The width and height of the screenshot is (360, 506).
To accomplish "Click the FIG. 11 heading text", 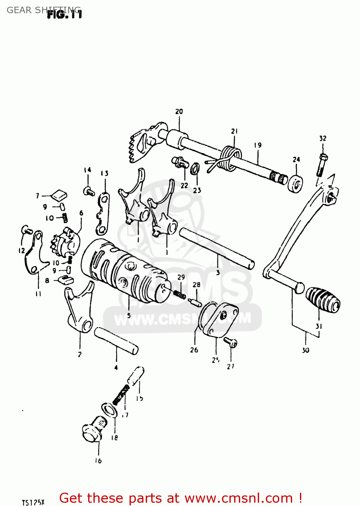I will tap(64, 15).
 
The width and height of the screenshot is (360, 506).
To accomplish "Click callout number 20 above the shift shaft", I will tap(179, 111).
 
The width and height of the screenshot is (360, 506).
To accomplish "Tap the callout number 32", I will tap(323, 138).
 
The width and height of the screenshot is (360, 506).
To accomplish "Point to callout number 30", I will tap(305, 350).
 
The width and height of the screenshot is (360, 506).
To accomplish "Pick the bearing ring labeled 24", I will tap(296, 184).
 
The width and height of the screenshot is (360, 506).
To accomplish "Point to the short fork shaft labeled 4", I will tap(116, 341).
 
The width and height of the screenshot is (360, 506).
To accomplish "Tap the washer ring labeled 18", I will tap(110, 410).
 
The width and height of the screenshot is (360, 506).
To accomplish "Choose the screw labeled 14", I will tap(89, 192).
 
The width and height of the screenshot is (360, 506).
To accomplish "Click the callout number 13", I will tap(105, 173).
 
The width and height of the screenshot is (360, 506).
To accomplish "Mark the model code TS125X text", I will tap(33, 502).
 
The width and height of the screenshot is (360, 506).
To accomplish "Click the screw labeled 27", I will tap(231, 342).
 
